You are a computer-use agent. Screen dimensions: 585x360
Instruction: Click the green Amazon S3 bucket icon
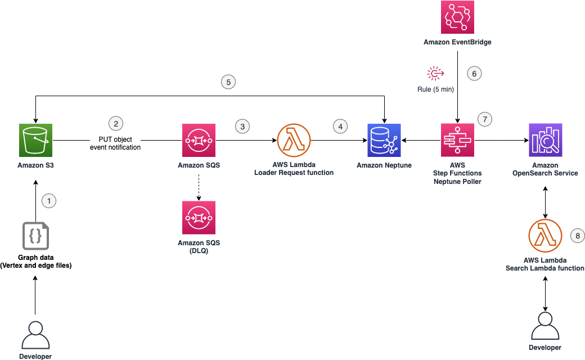[36, 140]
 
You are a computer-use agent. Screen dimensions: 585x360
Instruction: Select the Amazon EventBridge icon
[457, 17]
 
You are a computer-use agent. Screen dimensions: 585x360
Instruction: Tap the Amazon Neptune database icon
[384, 140]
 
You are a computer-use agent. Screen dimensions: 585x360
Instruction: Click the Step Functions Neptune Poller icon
[457, 140]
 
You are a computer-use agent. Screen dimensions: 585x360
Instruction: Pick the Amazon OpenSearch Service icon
[546, 140]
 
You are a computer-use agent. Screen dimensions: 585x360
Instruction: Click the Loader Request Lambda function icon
[294, 140]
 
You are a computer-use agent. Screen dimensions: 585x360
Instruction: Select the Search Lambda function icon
[545, 236]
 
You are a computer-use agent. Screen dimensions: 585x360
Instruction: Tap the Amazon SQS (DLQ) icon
[199, 218]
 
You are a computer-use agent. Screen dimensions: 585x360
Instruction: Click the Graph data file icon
[36, 236]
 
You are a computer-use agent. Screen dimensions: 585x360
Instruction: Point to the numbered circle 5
[228, 82]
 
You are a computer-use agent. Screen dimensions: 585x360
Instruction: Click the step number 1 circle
[49, 201]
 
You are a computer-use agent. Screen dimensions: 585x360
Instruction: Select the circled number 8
[578, 236]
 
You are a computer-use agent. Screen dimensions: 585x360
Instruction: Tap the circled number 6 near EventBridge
[474, 74]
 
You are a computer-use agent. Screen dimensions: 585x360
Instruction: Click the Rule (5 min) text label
[435, 89]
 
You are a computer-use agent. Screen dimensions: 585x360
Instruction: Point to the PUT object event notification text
[115, 143]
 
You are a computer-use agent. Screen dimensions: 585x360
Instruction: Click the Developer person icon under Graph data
[35, 335]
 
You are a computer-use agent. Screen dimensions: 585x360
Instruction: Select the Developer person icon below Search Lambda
[545, 326]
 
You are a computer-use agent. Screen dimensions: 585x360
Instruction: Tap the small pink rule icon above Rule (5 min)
[435, 74]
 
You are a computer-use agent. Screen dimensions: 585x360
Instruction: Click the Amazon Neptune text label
[384, 165]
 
